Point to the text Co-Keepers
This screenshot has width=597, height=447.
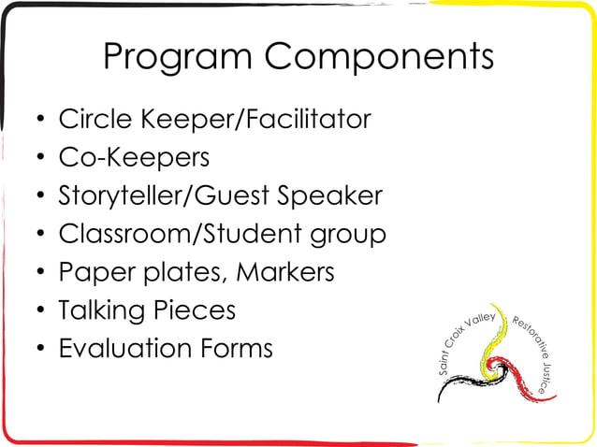pyautogui.click(x=134, y=158)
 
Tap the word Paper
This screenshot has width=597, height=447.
pyautogui.click(x=91, y=273)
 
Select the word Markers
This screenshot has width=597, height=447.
pyautogui.click(x=285, y=273)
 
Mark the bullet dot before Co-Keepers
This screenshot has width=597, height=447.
pyautogui.click(x=39, y=159)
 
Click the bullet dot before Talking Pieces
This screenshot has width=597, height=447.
pyautogui.click(x=39, y=311)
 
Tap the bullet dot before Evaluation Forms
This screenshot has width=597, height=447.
pyautogui.click(x=39, y=350)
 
